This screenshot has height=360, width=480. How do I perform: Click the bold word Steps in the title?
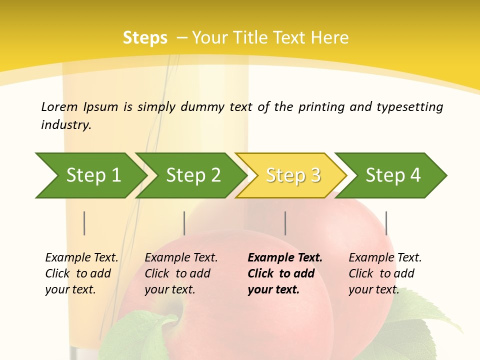[145, 37]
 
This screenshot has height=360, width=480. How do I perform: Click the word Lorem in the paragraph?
[59, 106]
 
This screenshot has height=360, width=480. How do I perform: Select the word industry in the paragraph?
[65, 124]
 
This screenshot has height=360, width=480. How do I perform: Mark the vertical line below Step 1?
[84, 223]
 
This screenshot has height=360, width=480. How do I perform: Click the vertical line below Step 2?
[184, 223]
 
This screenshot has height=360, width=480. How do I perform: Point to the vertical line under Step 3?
[285, 223]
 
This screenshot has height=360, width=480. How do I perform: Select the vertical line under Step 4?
[386, 223]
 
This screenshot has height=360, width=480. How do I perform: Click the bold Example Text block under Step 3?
[285, 273]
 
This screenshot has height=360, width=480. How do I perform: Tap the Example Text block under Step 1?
[81, 273]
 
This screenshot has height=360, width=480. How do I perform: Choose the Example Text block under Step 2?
[181, 273]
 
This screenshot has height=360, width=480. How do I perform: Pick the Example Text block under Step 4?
[385, 273]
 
